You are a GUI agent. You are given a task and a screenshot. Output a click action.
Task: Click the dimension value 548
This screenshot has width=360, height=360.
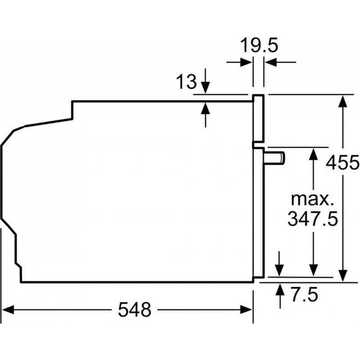pos(134,310)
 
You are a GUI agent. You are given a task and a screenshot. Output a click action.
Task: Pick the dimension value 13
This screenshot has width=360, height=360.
pos(186,82)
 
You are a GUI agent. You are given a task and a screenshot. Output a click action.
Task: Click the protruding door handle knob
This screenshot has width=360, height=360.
pos(275,158)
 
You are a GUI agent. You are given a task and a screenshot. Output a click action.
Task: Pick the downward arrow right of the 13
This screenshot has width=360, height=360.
pos(206,88)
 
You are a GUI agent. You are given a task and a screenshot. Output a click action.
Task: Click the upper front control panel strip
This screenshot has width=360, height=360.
pos(258,118)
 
